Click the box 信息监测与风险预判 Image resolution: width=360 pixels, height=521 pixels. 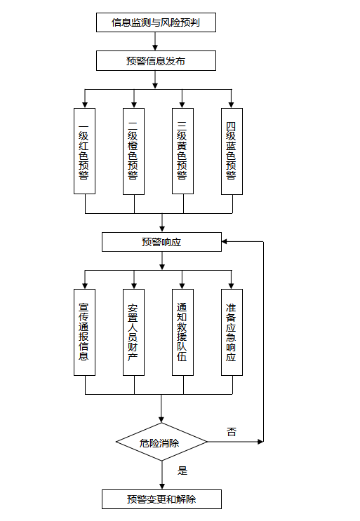tap(156, 22)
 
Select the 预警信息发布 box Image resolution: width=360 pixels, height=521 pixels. tap(156, 60)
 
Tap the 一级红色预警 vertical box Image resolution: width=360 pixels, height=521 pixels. tap(84, 151)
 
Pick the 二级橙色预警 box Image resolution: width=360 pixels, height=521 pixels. tap(133, 151)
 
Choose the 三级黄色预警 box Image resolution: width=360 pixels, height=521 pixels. tap(183, 151)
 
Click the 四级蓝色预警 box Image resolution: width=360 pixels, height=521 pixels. tap(232, 151)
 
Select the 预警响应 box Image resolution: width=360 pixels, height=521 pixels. tap(161, 242)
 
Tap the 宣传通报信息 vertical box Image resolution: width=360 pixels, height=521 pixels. tap(84, 332)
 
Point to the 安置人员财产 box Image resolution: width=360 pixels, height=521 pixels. tap(133, 332)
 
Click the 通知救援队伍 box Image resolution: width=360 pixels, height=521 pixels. tap(183, 332)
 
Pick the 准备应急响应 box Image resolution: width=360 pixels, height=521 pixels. tap(232, 332)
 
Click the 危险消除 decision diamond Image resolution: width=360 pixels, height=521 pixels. tap(161, 442)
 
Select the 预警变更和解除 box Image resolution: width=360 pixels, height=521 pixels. tap(161, 499)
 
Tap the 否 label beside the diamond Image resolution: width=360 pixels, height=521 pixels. tap(232, 432)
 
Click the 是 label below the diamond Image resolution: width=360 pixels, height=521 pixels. tap(182, 471)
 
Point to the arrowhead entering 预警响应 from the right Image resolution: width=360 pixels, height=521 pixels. tap(225, 241)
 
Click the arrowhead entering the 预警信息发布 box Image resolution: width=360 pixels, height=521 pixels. tap(155, 48)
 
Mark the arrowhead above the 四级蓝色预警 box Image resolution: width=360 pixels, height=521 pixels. tap(232, 105)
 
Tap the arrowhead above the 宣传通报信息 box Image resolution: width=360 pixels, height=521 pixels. tap(85, 286)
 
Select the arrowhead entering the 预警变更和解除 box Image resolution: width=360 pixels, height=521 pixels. tap(162, 487)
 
